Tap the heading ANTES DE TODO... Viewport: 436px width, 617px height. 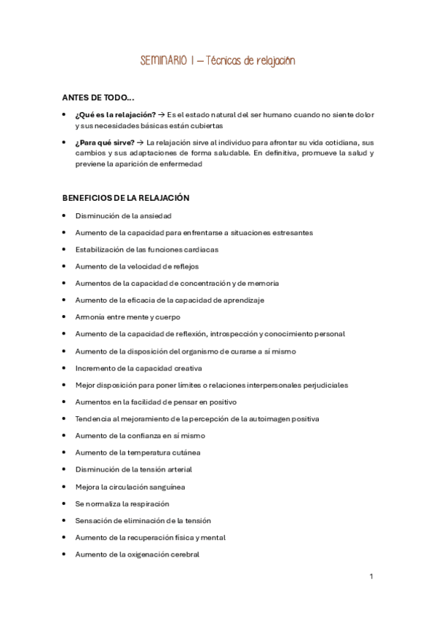click(x=98, y=97)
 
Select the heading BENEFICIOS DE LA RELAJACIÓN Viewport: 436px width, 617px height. click(x=125, y=197)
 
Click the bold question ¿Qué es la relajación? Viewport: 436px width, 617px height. click(x=115, y=114)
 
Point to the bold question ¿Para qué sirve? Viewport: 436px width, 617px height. click(x=105, y=143)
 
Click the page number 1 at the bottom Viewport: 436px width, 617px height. click(x=371, y=576)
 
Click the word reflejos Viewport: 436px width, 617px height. click(x=185, y=266)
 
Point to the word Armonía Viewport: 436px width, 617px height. click(x=90, y=317)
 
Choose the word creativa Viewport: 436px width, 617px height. click(x=188, y=368)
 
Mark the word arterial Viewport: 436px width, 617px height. click(x=178, y=469)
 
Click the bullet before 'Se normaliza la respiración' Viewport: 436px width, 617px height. click(x=65, y=503)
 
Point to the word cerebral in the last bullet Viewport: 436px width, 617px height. click(x=186, y=554)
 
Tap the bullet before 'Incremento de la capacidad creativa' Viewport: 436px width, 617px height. click(x=65, y=368)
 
